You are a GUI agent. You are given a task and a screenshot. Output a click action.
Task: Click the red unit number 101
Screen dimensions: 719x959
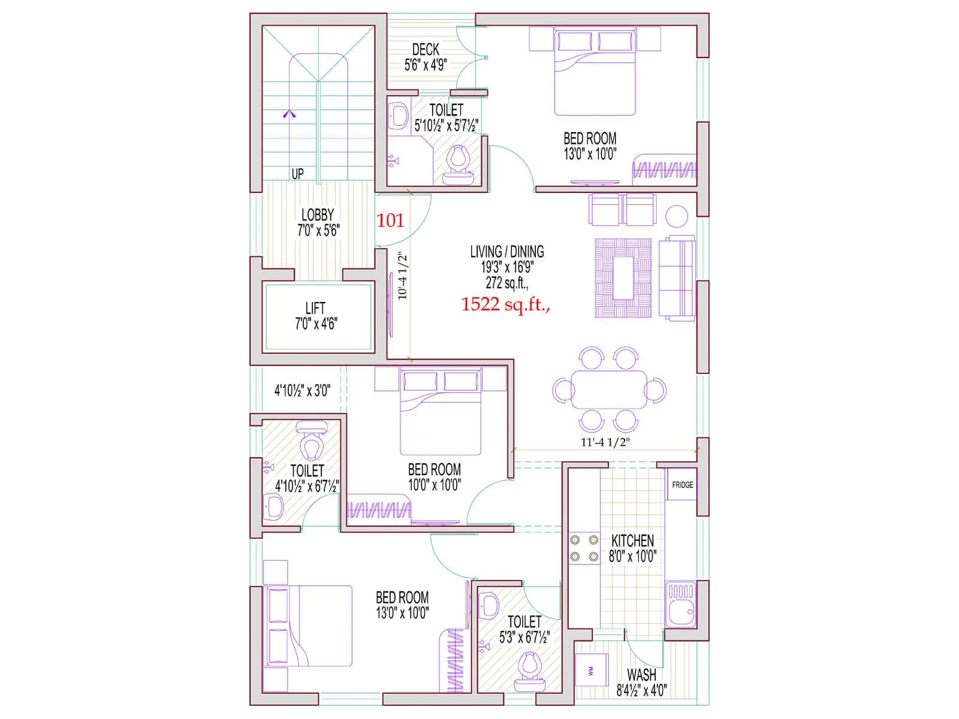tap(390, 220)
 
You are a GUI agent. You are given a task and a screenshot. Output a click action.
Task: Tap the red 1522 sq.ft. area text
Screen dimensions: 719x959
tap(505, 304)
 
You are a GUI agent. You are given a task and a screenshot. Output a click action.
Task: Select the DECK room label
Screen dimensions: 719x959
tap(426, 50)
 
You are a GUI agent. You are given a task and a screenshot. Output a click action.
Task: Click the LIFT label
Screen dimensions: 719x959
tap(315, 309)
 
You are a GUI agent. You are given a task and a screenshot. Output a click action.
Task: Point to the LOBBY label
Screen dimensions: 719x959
tap(318, 215)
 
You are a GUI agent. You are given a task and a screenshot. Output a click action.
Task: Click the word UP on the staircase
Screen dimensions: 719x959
tap(297, 174)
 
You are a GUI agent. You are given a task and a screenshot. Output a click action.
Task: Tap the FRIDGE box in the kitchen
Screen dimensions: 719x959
tap(682, 485)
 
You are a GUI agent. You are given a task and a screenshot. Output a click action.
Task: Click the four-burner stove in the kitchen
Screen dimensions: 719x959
tap(584, 548)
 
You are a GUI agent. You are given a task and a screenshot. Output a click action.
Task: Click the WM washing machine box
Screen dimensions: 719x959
tap(592, 670)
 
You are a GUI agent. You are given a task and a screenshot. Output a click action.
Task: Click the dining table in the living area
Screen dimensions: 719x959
tap(609, 389)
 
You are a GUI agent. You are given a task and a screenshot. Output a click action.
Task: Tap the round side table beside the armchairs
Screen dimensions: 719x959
tap(677, 216)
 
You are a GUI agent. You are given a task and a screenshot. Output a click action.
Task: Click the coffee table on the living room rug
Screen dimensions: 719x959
tap(624, 278)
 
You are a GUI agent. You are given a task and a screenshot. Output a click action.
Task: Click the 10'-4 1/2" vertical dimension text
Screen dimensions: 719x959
tap(403, 276)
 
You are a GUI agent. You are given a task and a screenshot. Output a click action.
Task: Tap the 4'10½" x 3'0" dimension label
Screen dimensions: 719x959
tap(302, 391)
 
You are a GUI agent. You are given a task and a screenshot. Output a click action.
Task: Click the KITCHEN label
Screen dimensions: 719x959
tap(632, 540)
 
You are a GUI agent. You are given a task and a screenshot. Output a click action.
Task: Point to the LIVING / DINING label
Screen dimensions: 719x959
tap(507, 252)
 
